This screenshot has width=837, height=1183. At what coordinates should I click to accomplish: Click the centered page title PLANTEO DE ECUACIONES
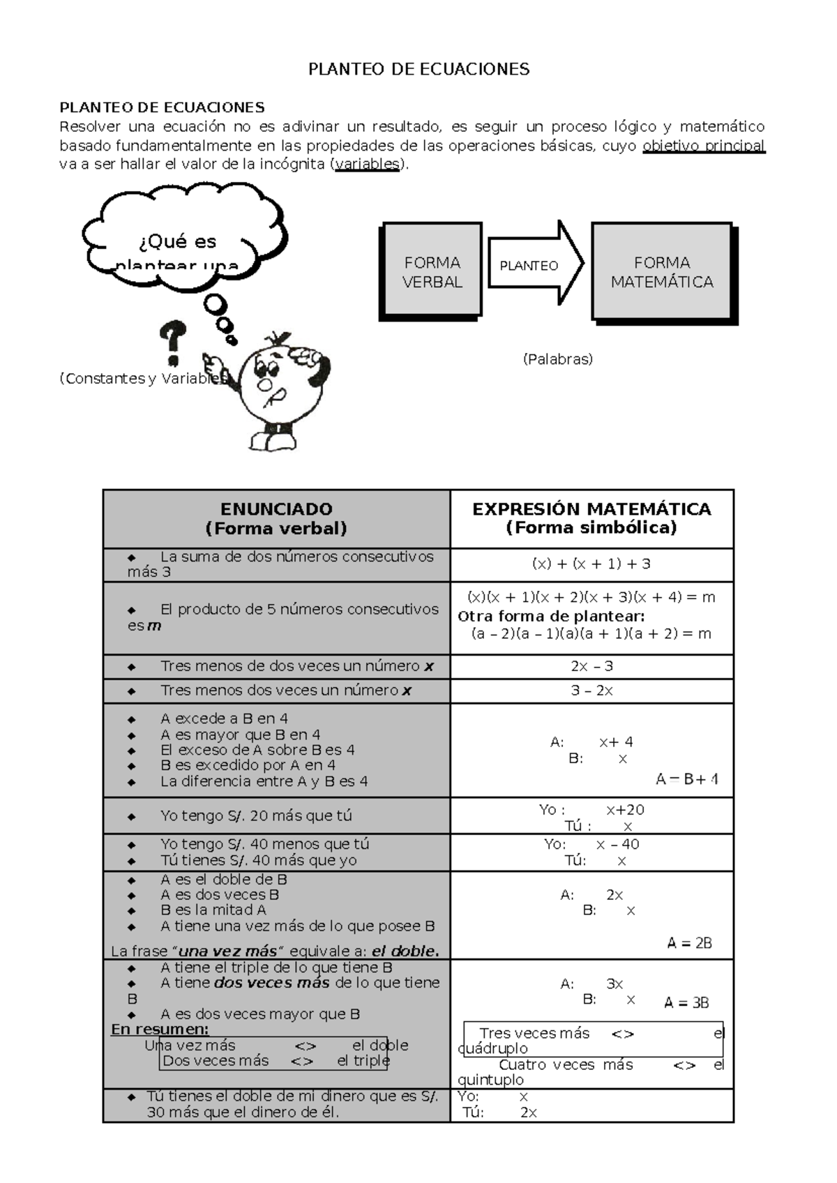tap(418, 69)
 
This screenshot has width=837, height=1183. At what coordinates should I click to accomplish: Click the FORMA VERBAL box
tap(432, 272)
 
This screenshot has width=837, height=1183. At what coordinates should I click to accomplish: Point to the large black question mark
tap(172, 342)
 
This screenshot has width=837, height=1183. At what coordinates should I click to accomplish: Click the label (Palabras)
tap(557, 359)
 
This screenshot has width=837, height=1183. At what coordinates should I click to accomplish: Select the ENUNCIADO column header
tap(276, 518)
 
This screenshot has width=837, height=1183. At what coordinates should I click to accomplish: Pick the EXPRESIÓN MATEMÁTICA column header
tap(591, 518)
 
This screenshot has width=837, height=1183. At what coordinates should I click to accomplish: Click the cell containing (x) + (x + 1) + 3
tap(591, 564)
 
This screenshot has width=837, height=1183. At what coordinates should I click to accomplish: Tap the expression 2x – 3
tap(591, 666)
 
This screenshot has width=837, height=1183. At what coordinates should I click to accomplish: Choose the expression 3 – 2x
tap(591, 691)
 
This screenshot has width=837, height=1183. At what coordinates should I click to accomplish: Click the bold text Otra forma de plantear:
tap(551, 616)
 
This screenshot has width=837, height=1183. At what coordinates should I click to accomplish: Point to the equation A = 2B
tap(689, 943)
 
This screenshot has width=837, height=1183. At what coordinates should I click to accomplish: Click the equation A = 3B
tap(686, 1003)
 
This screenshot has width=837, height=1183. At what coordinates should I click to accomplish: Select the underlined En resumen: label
tap(160, 1030)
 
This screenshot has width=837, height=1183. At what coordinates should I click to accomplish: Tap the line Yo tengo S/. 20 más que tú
tap(256, 815)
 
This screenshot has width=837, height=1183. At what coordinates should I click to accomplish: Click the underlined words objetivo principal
tap(703, 146)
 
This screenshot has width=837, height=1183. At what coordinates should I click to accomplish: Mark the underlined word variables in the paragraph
tap(368, 165)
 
